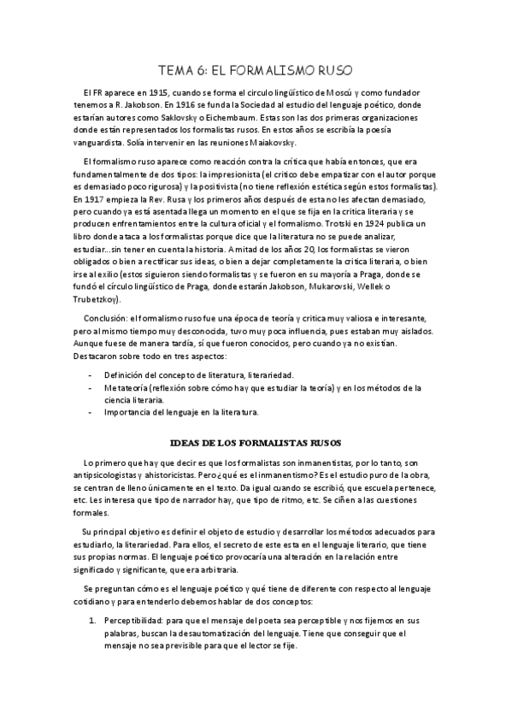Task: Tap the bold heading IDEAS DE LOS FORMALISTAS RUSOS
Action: click(x=256, y=442)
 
